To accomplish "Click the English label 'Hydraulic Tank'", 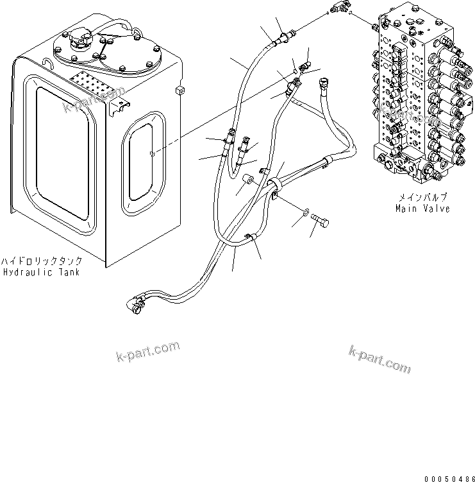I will [40, 273].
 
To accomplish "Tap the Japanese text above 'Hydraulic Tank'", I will [40, 263].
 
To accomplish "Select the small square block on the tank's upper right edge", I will [180, 89].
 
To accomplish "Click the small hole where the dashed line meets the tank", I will [151, 153].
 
